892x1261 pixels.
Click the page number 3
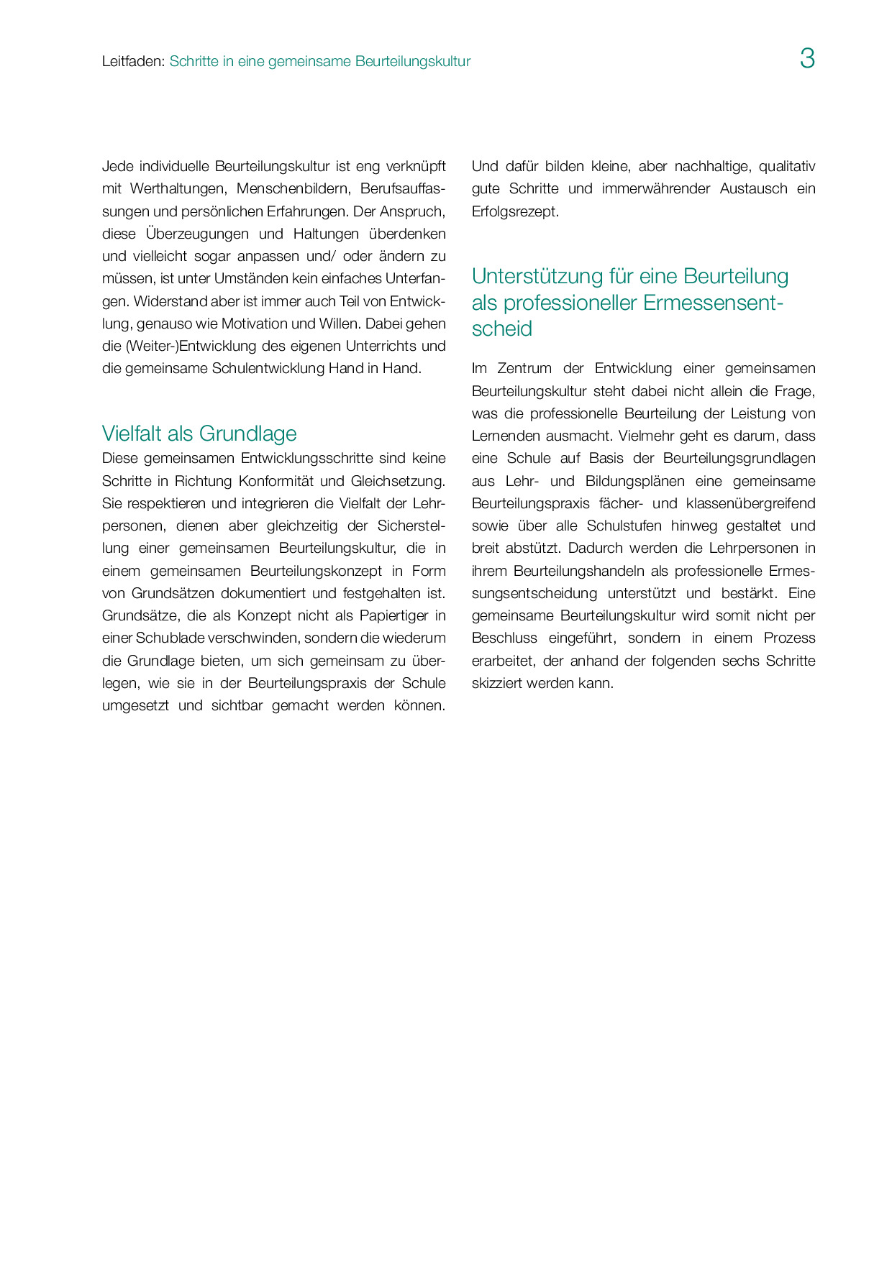tap(807, 59)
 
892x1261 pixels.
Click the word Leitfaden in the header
tap(132, 62)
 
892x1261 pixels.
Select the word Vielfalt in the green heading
tap(132, 434)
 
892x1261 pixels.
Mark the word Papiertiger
tap(393, 615)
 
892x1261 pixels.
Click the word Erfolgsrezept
tap(514, 211)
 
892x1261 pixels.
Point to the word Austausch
tap(753, 189)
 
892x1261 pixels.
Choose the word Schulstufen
tap(624, 526)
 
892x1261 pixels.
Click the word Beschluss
tap(504, 638)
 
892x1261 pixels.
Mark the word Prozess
tap(789, 638)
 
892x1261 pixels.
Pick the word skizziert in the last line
tap(496, 683)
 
